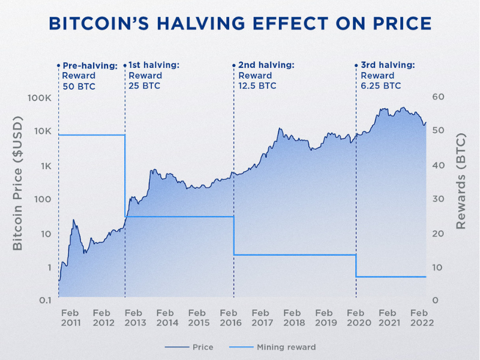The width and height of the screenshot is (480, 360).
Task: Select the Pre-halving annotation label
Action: (90, 65)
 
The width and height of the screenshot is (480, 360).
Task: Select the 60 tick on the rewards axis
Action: (438, 97)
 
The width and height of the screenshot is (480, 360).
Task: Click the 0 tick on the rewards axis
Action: (435, 299)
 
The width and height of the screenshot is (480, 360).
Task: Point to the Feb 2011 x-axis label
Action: (70, 317)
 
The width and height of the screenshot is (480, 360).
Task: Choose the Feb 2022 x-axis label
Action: (419, 317)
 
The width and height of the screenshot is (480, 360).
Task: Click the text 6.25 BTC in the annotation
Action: (380, 86)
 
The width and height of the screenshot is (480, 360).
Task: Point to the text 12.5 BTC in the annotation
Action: (257, 86)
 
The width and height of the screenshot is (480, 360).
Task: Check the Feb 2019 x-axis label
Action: (324, 317)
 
